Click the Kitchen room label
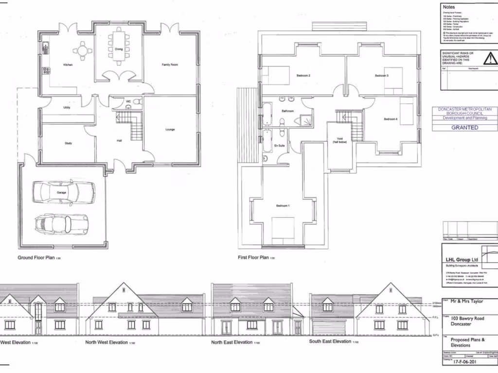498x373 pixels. (68, 65)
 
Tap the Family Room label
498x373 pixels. (170, 65)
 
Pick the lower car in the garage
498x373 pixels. (61, 223)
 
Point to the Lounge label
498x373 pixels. (170, 130)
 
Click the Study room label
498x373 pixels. (68, 143)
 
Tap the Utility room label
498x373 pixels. (67, 107)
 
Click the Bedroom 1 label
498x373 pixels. (283, 206)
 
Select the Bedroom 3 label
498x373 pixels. (381, 76)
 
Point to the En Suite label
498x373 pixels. (279, 145)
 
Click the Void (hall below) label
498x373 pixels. (339, 140)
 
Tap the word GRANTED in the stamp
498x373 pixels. (465, 128)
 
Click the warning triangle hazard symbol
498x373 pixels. (490, 59)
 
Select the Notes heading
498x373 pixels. (449, 7)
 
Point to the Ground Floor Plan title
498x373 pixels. (36, 258)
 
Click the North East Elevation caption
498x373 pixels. (231, 342)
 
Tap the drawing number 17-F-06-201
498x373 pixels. (463, 362)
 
